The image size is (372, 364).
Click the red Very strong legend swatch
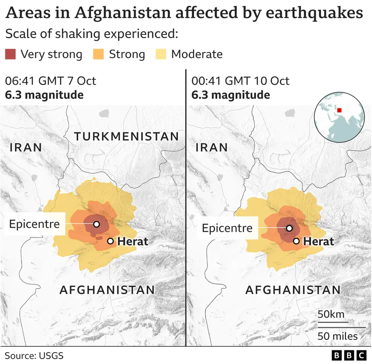(11, 54)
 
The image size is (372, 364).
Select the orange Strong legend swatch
(98, 54)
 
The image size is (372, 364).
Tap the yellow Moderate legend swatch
(161, 54)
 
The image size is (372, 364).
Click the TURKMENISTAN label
(126, 136)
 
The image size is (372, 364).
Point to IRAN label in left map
(26, 148)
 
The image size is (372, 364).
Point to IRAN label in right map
(212, 148)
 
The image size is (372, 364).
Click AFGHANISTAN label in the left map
(107, 290)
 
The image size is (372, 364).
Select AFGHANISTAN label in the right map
(293, 290)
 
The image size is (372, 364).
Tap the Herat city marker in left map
(111, 241)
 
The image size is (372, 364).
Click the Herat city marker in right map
(296, 241)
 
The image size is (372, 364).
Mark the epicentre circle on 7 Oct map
(96, 224)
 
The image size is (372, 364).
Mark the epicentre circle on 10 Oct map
(289, 228)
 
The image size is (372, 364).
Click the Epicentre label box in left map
(34, 224)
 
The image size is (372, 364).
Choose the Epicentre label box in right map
(227, 228)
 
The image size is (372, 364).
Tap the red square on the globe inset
(339, 111)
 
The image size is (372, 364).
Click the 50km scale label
(331, 314)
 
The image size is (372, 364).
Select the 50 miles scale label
(338, 336)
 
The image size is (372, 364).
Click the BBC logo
(349, 356)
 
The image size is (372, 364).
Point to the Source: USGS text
(34, 356)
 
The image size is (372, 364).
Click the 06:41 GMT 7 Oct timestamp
(50, 81)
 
